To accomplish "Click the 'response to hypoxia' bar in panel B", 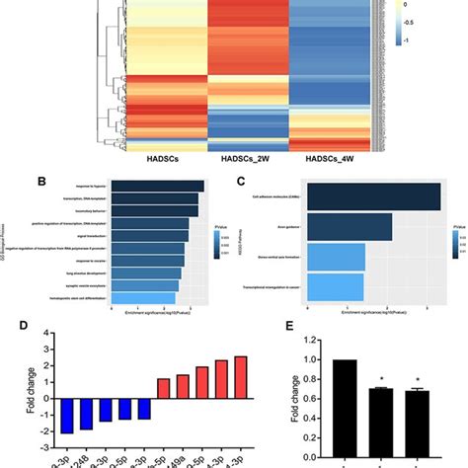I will pos(158,186).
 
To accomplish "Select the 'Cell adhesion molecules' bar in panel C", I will pos(373,197).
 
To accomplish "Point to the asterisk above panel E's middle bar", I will pos(386,377).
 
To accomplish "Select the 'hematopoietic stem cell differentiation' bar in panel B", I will pos(144,297).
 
